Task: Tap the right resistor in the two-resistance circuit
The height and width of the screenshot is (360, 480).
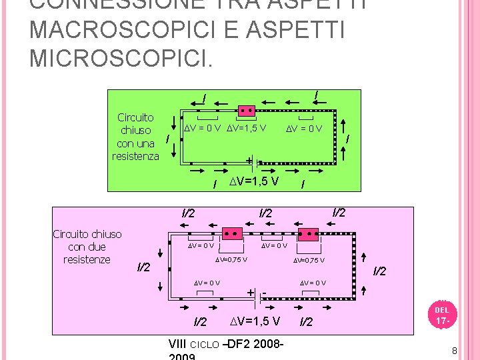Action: tap(308, 234)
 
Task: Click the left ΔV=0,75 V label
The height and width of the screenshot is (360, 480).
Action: tap(231, 260)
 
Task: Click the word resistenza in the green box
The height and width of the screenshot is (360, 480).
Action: tap(135, 156)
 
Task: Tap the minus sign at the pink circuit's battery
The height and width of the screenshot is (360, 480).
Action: tap(265, 293)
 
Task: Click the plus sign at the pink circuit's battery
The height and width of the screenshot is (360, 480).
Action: tap(250, 293)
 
